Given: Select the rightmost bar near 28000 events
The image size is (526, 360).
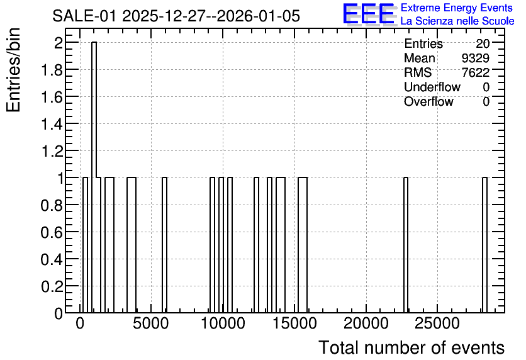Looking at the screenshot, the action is point(484,245).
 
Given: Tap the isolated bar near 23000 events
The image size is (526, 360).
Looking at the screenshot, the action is point(406,245).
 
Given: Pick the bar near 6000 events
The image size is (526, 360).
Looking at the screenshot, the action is point(164,245).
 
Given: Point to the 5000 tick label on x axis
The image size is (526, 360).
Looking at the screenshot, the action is point(150,324).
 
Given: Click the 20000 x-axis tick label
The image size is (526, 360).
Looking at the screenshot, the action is point(366,324).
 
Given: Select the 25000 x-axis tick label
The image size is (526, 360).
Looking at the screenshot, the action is point(437,324).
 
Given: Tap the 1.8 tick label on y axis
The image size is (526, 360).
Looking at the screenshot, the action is point(52,70).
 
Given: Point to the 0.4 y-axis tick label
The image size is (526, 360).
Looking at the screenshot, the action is point(52,259).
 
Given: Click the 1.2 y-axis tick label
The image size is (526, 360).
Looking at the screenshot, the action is point(52,151).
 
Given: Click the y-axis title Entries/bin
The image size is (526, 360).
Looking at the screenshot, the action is point(14,70).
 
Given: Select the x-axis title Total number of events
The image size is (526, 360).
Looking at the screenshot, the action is point(411,347).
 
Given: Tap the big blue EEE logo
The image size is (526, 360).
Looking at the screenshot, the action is point(369,14).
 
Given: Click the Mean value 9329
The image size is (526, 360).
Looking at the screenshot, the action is point(475,58).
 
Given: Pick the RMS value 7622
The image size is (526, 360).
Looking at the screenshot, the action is point(475,72).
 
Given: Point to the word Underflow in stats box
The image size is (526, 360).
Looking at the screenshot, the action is point(432,87).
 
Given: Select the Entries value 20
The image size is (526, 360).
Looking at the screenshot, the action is point(483,43).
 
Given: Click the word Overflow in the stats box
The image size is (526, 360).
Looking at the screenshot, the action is point(428,101).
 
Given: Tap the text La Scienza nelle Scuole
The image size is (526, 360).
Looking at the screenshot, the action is point(457,21).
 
